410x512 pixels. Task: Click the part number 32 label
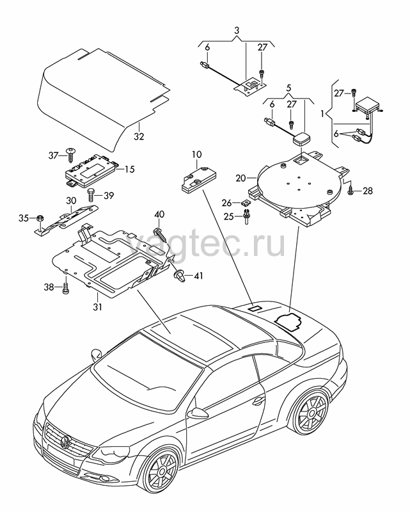click(x=139, y=136)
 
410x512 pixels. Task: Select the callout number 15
click(x=129, y=170)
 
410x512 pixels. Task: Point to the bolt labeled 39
click(x=90, y=195)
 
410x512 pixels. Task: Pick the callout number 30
click(x=71, y=200)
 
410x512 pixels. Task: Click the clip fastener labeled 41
click(x=179, y=276)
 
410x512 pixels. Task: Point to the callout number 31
click(x=98, y=307)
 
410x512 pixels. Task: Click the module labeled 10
click(x=195, y=180)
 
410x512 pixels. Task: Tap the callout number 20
click(x=240, y=179)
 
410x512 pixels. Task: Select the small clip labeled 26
click(x=246, y=203)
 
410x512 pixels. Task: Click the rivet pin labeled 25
click(x=247, y=217)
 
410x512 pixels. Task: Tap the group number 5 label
click(x=288, y=88)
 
